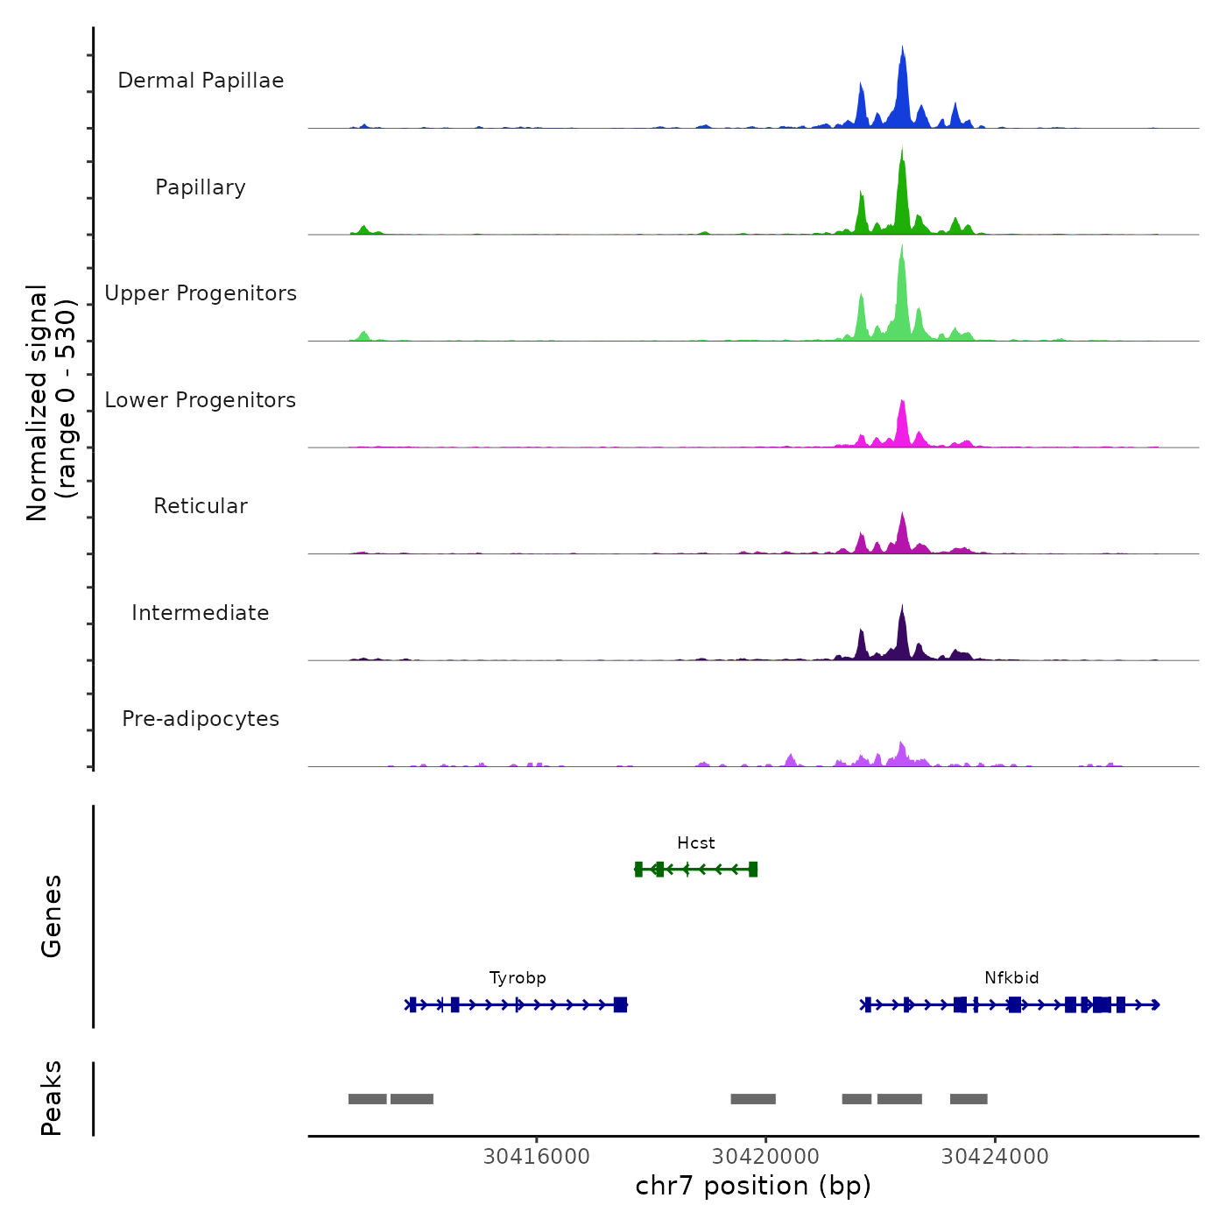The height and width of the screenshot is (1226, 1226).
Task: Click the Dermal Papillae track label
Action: click(201, 81)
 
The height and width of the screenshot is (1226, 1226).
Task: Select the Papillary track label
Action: click(201, 187)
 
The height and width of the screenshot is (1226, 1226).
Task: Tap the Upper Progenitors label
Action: click(201, 293)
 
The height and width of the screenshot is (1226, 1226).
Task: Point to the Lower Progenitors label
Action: click(201, 400)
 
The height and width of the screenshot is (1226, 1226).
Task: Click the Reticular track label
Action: click(201, 506)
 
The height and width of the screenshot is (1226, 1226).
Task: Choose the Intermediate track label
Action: click(201, 613)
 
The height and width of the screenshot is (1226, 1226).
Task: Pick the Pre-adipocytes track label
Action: click(201, 719)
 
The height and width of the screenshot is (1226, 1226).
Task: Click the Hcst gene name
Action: click(696, 843)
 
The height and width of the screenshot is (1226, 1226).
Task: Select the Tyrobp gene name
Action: click(518, 978)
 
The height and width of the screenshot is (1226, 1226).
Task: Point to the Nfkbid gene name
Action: click(1011, 978)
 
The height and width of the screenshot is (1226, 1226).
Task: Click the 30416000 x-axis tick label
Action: click(537, 1157)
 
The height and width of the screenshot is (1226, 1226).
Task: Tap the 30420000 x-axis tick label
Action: click(766, 1157)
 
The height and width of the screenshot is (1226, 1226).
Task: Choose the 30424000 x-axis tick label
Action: click(995, 1157)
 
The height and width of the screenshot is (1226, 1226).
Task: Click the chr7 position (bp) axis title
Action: click(753, 1186)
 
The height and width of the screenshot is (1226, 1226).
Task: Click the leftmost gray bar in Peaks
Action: click(367, 1099)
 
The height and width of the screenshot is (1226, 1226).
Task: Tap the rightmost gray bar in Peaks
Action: click(969, 1099)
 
